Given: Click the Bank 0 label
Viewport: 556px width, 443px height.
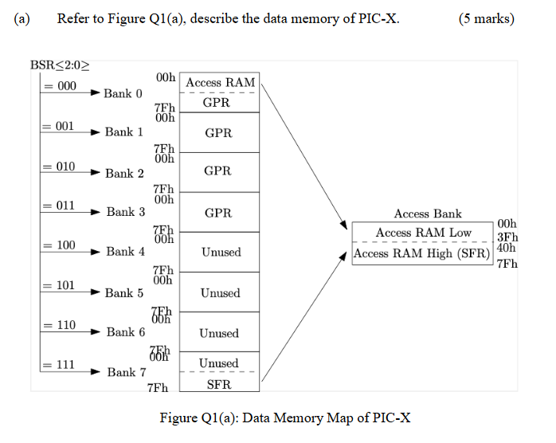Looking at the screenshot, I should pos(123,93).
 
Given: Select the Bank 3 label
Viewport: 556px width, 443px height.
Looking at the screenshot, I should pos(126,212).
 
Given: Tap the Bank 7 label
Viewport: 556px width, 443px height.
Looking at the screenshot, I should pos(126,372).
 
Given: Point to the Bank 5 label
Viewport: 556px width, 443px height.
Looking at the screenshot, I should pos(124,292).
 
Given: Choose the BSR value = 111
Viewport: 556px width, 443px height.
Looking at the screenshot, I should pos(60,365).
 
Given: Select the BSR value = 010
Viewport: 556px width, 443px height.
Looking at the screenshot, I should pos(60,167).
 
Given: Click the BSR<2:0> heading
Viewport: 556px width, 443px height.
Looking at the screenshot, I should pos(60,65).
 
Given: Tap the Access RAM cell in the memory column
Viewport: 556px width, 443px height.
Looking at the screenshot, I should pos(220,82).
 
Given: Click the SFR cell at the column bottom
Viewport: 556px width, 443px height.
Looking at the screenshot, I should pos(218,384).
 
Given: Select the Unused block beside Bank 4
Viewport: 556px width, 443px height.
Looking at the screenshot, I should pos(220,252).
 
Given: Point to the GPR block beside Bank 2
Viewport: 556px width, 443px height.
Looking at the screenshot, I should pos(218,171).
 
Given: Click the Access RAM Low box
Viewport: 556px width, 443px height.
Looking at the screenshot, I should pos(423,233).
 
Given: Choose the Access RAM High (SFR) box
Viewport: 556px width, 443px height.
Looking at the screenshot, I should pos(421,253).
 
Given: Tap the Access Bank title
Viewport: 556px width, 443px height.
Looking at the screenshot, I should pos(428,214).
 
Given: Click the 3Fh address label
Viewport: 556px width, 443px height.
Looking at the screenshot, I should pos(507,237).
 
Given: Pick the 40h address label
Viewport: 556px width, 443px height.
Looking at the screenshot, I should pos(506,248).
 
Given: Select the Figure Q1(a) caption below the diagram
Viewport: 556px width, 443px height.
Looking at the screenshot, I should pos(285,418).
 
